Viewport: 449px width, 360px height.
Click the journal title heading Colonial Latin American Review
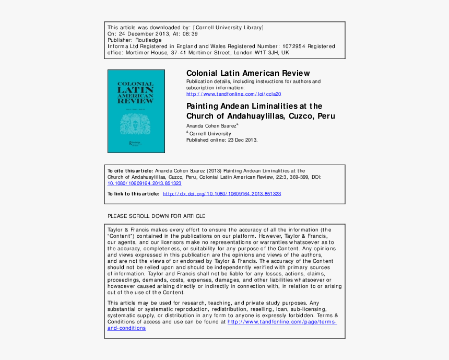[x=248, y=73]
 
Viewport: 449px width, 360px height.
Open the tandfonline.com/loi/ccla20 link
[x=234, y=94]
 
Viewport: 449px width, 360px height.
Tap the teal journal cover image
[x=136, y=111]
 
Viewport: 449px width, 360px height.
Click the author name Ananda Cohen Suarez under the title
[x=211, y=126]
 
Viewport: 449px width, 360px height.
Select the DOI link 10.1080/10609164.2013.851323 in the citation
[x=145, y=183]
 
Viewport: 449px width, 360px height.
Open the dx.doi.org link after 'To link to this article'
[x=222, y=194]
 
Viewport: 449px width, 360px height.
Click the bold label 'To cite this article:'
[x=131, y=171]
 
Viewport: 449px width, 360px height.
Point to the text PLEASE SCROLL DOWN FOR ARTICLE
[x=157, y=216]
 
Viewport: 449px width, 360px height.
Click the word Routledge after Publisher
[x=149, y=40]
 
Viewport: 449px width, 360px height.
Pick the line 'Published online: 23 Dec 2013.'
[x=222, y=140]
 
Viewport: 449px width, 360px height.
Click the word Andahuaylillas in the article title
[x=247, y=116]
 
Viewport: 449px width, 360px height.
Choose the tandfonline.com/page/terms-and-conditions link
[x=282, y=322]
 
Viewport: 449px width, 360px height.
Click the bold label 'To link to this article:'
[x=134, y=194]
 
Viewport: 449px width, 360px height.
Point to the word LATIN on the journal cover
[x=136, y=90]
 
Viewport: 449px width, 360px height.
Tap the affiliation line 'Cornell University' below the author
[x=210, y=134]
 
